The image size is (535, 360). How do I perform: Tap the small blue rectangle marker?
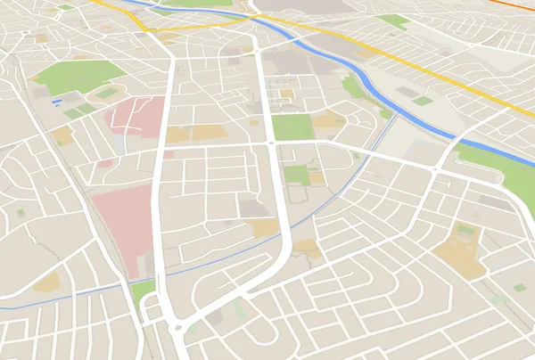pos(57,102)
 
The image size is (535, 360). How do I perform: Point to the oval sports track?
pos(107,93)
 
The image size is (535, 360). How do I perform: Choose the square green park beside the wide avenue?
pos(292,127)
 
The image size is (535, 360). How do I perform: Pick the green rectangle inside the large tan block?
pos(465,229)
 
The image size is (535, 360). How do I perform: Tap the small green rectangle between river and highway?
pos(423,101)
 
